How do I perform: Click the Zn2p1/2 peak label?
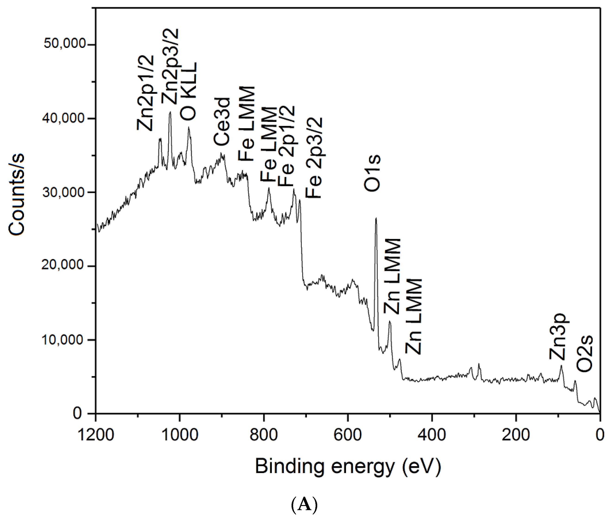coord(145,93)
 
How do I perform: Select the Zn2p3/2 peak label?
coord(170,66)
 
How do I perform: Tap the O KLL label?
coord(188,91)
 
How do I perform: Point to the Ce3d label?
coord(221,121)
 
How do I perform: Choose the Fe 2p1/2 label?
coord(286,146)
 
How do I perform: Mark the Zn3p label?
coord(557,336)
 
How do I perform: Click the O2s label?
coord(585,354)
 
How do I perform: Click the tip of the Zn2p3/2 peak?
coord(170,112)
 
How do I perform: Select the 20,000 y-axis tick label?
coord(63,265)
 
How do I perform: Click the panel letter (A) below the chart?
coord(304,505)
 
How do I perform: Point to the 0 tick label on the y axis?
coord(77,413)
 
